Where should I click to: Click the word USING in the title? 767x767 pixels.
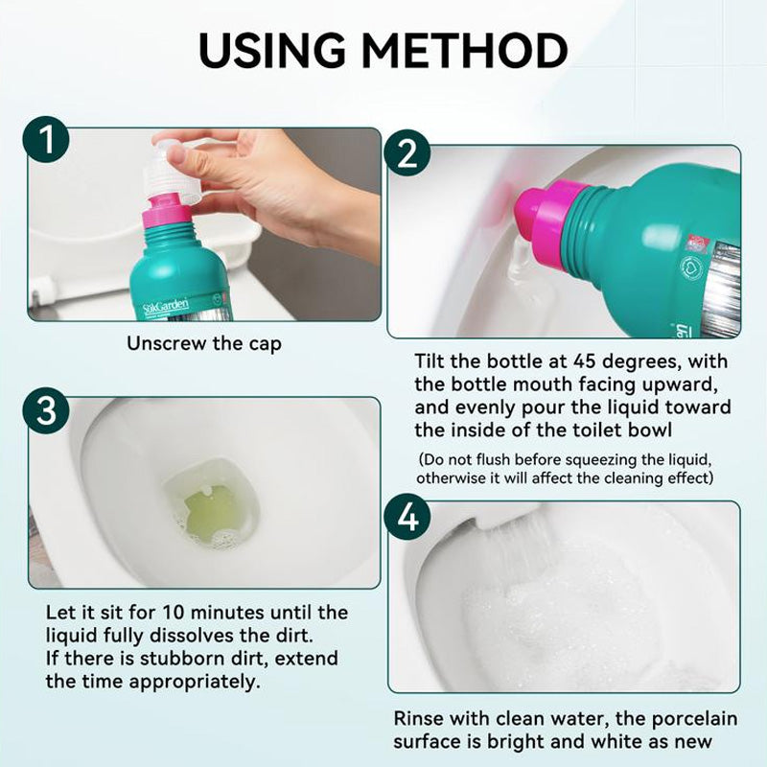coord(272,51)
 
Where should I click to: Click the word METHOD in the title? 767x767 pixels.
coord(465,51)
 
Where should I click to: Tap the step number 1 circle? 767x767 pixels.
coord(46,139)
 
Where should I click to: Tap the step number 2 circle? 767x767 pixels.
coord(407,153)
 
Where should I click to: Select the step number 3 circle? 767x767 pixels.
coord(46,410)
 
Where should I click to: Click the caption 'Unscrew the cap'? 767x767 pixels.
coord(204,343)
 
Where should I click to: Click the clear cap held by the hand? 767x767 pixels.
coord(172,172)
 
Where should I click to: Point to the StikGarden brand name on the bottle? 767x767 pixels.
coord(165,306)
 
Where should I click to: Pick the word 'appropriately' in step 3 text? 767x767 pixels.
coord(195,682)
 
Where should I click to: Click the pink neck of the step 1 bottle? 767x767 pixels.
coord(162,211)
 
